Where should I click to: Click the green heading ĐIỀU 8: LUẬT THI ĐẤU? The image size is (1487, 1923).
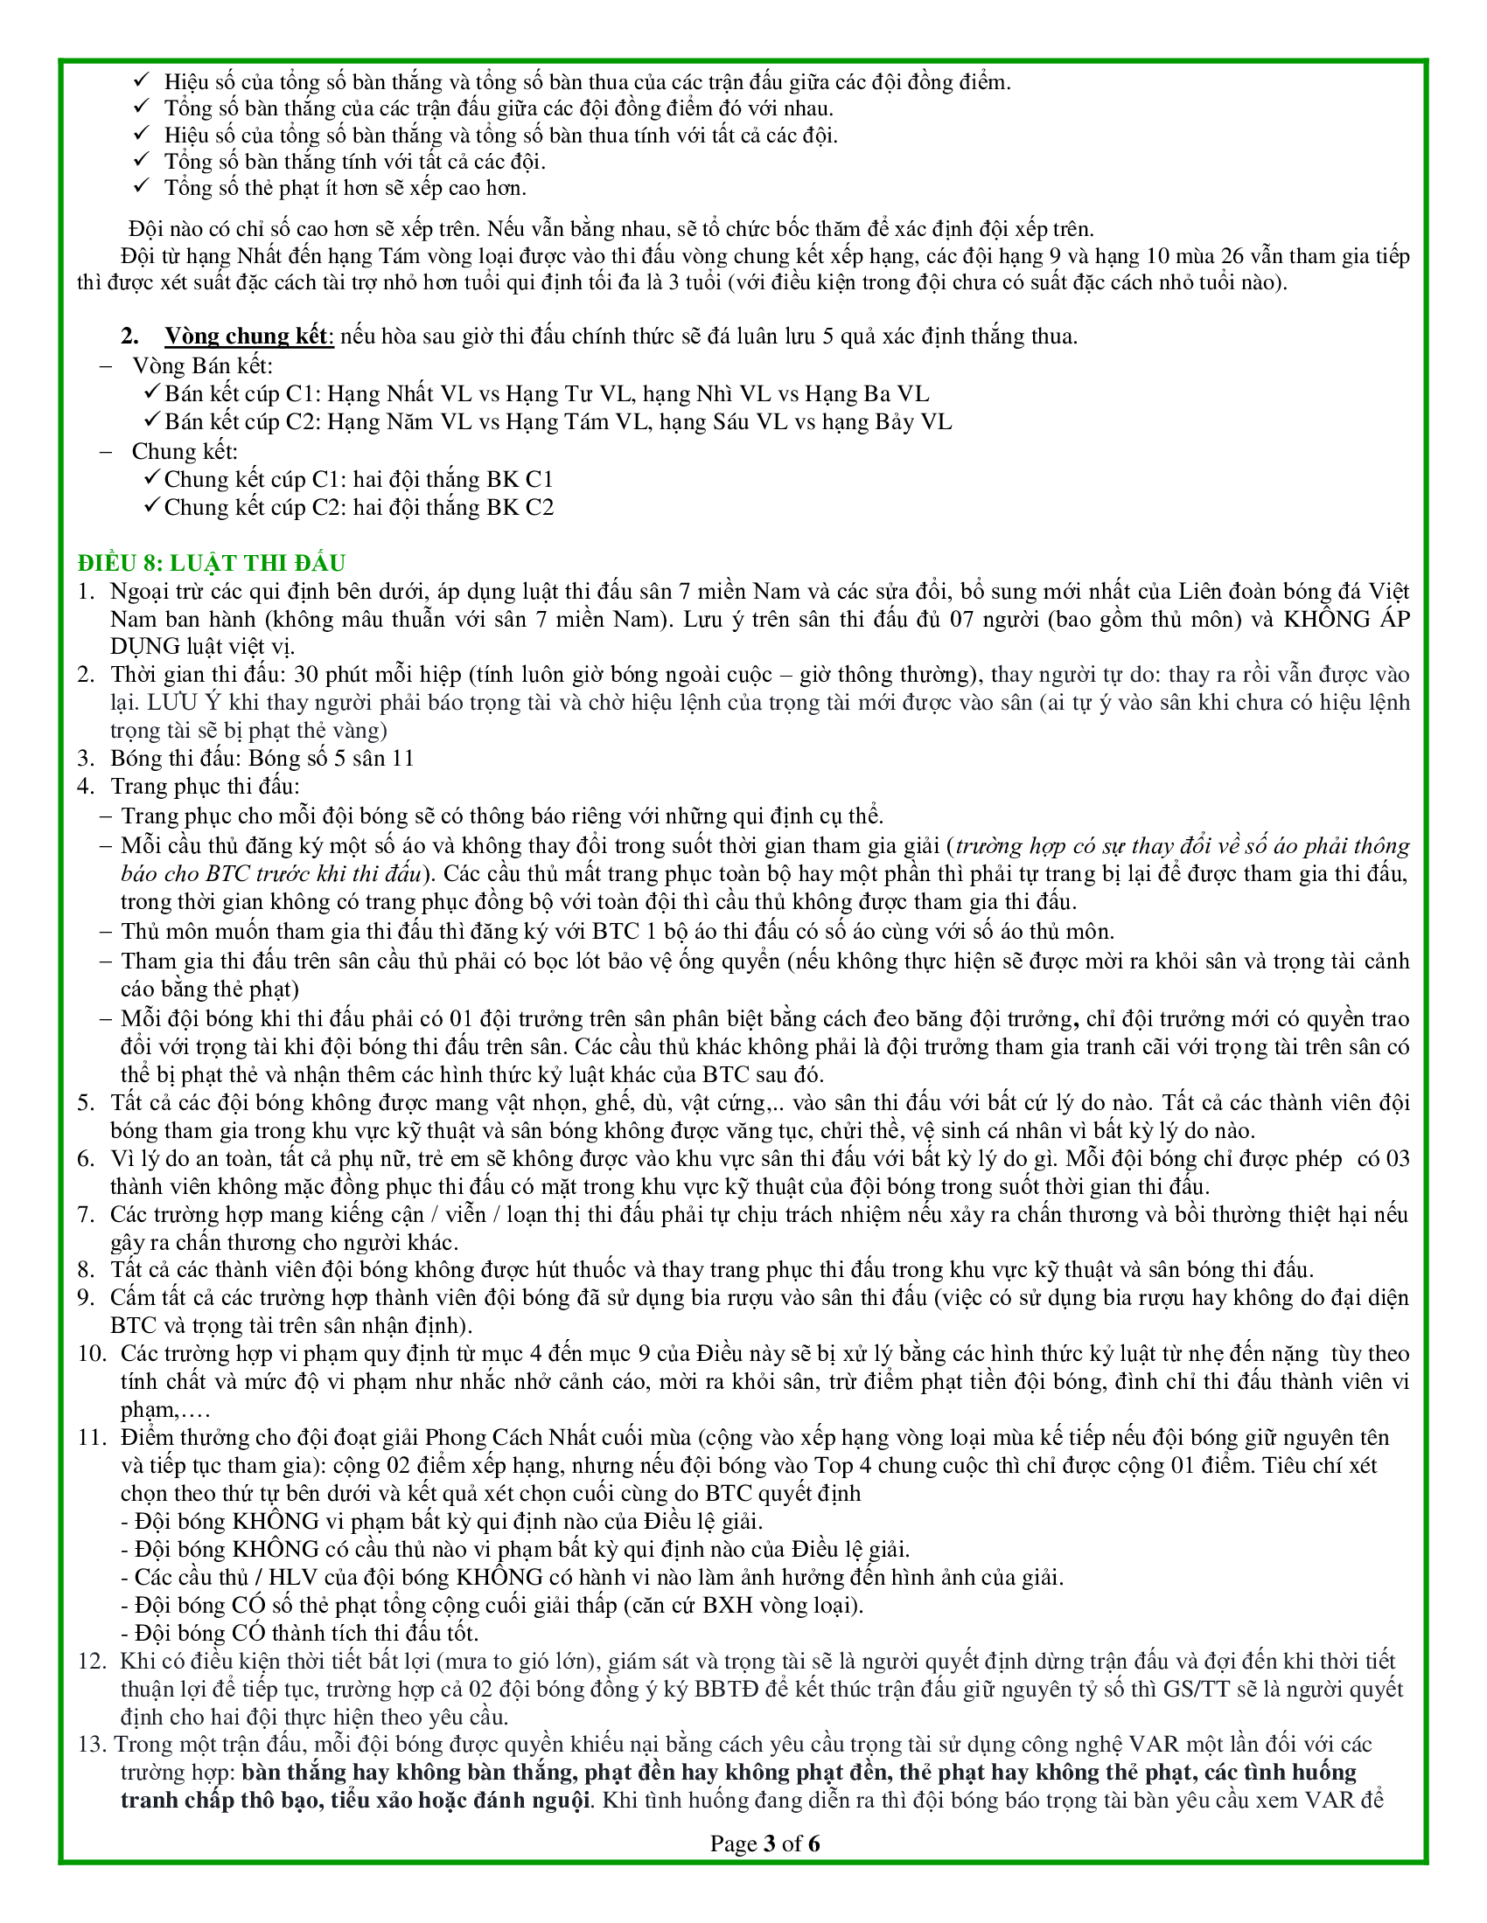tap(212, 563)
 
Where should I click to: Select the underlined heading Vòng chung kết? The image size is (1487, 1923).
tap(249, 337)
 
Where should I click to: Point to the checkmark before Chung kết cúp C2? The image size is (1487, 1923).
tap(151, 506)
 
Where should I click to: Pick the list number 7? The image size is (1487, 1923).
tap(86, 1214)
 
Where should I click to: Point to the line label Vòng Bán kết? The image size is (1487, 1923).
tap(203, 365)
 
